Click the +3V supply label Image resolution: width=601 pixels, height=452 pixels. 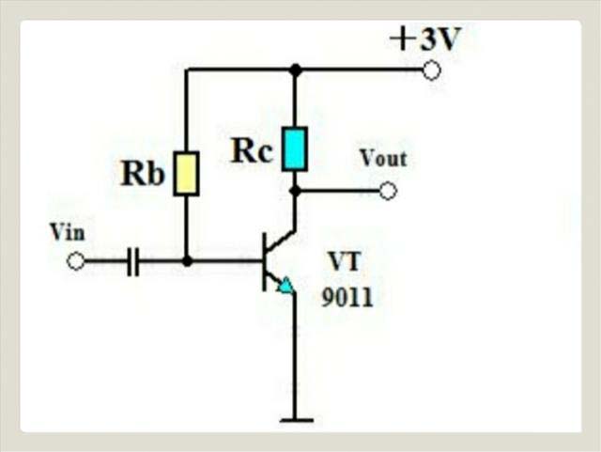click(x=426, y=39)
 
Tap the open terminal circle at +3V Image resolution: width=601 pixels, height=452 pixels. click(x=432, y=70)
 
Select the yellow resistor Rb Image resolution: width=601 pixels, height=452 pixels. click(x=187, y=173)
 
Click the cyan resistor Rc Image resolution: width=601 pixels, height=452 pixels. click(x=295, y=148)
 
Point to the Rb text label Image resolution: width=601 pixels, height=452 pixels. click(x=143, y=175)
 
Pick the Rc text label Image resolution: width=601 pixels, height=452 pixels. click(x=252, y=150)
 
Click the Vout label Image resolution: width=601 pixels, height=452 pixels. click(x=383, y=158)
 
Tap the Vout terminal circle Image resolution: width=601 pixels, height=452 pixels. click(x=388, y=191)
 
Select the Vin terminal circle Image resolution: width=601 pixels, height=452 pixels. click(x=76, y=261)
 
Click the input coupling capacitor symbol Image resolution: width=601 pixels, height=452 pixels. click(x=132, y=261)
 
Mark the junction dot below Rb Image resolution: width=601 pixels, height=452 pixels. click(x=187, y=261)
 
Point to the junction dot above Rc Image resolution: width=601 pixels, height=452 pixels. click(x=295, y=70)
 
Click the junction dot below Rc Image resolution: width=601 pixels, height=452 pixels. click(x=295, y=191)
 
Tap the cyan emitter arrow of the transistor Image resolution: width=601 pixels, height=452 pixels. click(x=285, y=284)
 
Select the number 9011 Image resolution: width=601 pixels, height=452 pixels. click(x=347, y=299)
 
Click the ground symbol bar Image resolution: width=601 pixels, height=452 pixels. click(x=295, y=420)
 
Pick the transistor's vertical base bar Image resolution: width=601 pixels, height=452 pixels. click(x=264, y=261)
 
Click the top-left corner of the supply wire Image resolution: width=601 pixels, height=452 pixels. click(x=187, y=70)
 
